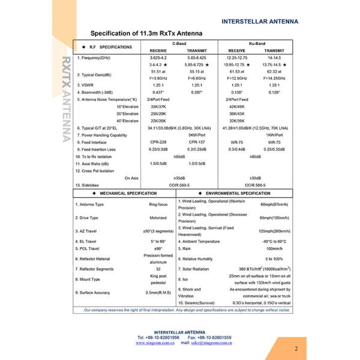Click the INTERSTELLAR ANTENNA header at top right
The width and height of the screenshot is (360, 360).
259,21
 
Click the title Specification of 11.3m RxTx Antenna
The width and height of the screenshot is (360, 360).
146,34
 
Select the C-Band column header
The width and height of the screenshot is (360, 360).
179,44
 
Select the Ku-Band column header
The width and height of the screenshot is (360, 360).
255,44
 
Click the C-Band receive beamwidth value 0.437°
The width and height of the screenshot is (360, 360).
158,92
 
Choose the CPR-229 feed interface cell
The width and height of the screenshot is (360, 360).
158,142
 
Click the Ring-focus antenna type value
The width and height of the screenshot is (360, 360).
158,205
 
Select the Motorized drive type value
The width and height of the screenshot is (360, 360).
158,218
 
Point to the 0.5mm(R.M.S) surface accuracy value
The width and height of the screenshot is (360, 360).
158,292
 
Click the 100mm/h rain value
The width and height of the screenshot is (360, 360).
274,248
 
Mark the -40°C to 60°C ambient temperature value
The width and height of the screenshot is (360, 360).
274,241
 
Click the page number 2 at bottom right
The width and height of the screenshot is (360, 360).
296,348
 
